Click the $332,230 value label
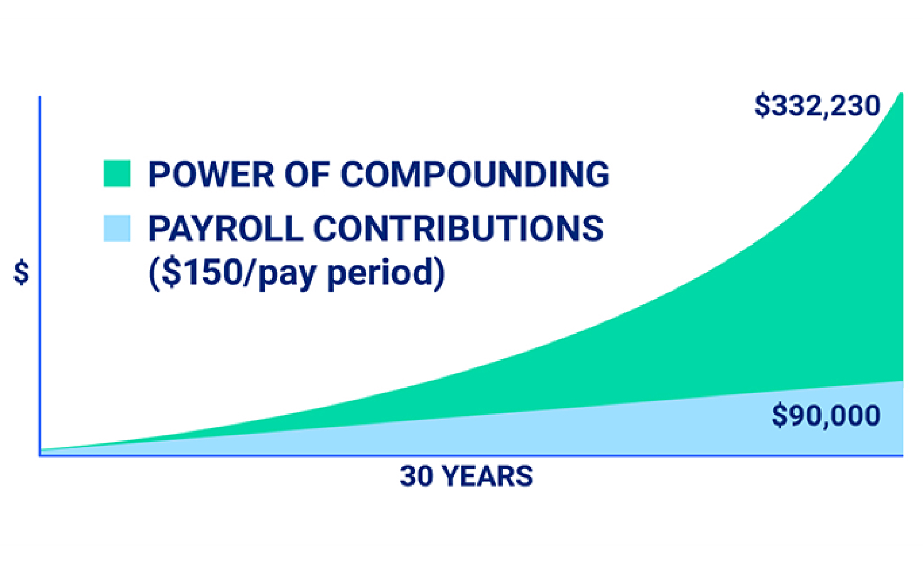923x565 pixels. click(817, 105)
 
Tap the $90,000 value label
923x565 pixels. click(826, 416)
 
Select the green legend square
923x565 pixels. click(117, 174)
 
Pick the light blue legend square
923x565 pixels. click(117, 228)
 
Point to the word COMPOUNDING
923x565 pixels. click(475, 174)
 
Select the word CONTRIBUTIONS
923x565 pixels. click(458, 228)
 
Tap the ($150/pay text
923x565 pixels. click(232, 272)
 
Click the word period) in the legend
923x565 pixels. click(386, 272)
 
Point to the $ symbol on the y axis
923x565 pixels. click(21, 273)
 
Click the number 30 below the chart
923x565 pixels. click(416, 476)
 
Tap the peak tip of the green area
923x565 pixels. click(901, 94)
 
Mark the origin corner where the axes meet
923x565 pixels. click(40, 455)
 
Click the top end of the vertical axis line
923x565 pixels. click(40, 97)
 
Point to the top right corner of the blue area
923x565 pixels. click(902, 382)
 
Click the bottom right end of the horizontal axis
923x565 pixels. click(902, 455)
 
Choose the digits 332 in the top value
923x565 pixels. click(794, 105)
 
